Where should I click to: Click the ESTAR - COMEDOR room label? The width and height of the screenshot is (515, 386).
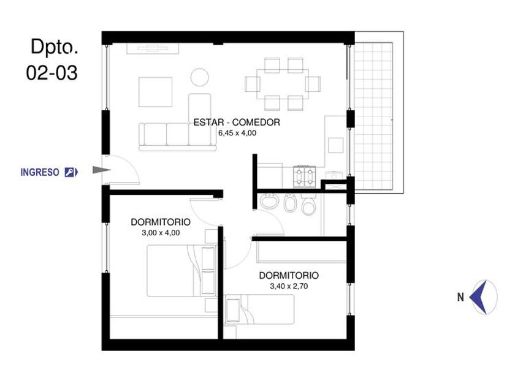tap(237, 123)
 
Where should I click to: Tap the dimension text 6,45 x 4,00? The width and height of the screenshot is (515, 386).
tap(237, 133)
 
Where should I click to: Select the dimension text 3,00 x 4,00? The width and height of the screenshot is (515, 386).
tap(161, 233)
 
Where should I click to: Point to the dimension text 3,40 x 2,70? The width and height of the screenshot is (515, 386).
tap(289, 286)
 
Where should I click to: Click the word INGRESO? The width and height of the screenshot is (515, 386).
tap(40, 172)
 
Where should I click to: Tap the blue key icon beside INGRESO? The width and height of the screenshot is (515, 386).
tap(71, 172)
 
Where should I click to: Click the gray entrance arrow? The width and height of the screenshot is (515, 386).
tap(102, 170)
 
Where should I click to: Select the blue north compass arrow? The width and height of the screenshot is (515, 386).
tap(479, 297)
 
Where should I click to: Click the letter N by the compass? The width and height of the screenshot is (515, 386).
tap(460, 297)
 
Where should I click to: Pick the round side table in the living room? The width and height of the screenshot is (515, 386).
tap(200, 77)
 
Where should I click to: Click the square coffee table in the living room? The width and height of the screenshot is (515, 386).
tap(155, 92)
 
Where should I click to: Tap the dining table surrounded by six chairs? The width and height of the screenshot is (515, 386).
tap(283, 84)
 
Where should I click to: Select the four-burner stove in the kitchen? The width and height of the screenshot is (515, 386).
tap(305, 176)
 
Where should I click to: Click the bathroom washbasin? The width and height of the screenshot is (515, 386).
tap(270, 201)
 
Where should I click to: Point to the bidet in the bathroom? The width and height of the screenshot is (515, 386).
tap(290, 203)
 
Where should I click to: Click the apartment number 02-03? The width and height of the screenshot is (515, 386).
tap(52, 72)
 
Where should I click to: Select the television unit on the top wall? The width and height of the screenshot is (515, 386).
tap(153, 48)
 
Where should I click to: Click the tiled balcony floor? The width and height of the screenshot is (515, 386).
tap(373, 116)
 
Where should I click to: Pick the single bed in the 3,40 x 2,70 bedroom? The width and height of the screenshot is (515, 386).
tap(259, 309)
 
